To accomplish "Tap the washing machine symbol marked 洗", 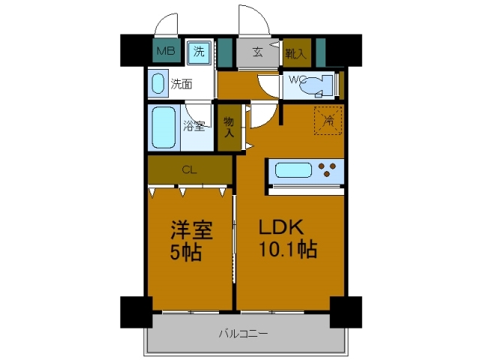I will pyautogui.click(x=199, y=52).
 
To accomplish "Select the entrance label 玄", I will pyautogui.click(x=257, y=52).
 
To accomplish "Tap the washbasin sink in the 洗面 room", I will pyautogui.click(x=157, y=83).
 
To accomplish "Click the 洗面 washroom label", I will pyautogui.click(x=180, y=84).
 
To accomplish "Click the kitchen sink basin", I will pyautogui.click(x=292, y=170).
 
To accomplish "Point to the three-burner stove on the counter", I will pyautogui.click(x=328, y=170).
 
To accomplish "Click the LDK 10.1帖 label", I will pyautogui.click(x=288, y=238).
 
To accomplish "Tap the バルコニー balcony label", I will pyautogui.click(x=243, y=333).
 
